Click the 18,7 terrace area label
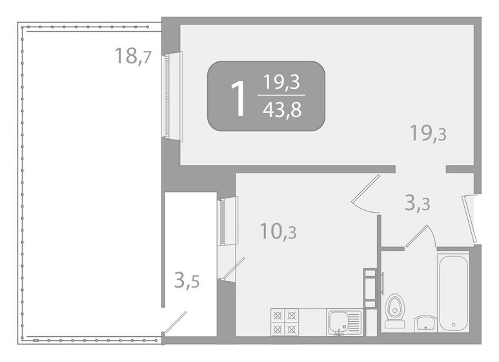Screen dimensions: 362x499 click(133, 57)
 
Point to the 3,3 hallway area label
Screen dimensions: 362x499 click(417, 204)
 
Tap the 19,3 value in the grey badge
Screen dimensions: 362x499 click(283, 83)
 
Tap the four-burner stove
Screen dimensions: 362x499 click(286, 321)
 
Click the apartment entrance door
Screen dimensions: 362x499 click(469, 217)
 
